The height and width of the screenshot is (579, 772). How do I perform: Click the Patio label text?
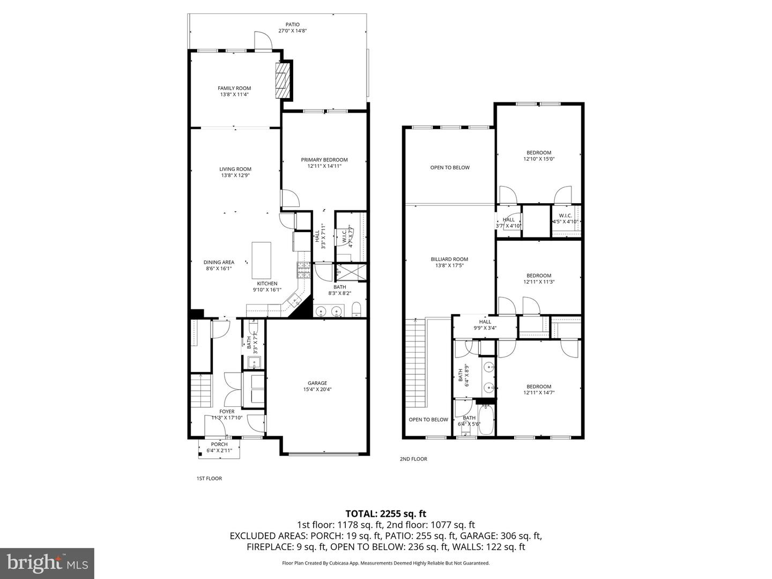coord(292,27)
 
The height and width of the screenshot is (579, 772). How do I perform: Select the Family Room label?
coord(234,91)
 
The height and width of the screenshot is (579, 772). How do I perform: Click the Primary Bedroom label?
coord(324,162)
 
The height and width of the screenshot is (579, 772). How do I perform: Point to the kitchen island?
coord(261,261)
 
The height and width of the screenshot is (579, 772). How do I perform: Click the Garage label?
coord(317,386)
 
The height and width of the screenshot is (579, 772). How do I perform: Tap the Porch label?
coord(219,447)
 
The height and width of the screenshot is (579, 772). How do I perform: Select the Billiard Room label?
coord(449,262)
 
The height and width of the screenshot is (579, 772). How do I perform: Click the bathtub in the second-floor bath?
coord(486,420)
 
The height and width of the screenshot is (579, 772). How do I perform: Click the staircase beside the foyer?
coord(202,391)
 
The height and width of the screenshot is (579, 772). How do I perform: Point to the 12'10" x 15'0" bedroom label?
coord(538,155)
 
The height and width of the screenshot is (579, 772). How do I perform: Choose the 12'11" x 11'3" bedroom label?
coord(538,278)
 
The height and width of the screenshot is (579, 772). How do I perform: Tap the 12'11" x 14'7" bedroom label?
coord(538,389)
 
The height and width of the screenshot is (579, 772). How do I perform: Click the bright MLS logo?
coord(47,563)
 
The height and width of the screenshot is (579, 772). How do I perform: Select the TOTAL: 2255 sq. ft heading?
coord(385,514)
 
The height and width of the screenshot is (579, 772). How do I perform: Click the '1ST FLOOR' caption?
coord(209,478)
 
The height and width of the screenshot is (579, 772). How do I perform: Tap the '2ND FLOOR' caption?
coord(413,459)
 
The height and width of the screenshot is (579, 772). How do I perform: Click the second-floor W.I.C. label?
coord(565,219)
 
